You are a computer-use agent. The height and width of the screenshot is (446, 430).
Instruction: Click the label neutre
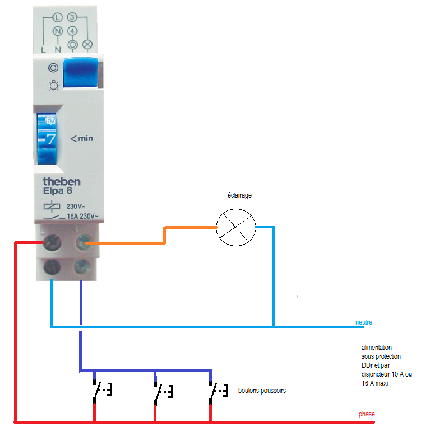363,322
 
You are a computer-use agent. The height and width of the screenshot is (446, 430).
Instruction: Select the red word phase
367,414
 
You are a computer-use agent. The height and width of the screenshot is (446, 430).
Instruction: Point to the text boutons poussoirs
262,391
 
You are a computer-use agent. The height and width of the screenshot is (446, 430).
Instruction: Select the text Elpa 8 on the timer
58,191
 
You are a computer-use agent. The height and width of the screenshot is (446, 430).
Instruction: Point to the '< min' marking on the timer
81,138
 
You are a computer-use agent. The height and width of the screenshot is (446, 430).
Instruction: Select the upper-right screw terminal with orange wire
83,242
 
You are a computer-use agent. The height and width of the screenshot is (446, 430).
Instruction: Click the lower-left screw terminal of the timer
53,266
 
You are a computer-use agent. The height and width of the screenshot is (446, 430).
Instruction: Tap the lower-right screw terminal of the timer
82,266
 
